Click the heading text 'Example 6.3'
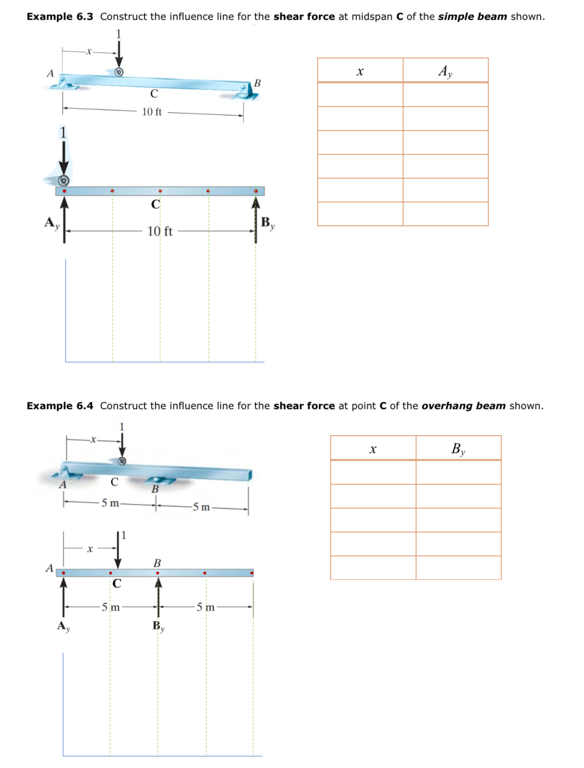pyautogui.click(x=60, y=17)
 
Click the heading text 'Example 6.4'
pyautogui.click(x=60, y=406)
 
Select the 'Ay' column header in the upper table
pyautogui.click(x=445, y=71)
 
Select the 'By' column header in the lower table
pyautogui.click(x=458, y=449)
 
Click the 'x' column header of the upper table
pyautogui.click(x=360, y=71)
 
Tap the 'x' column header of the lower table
pyautogui.click(x=373, y=449)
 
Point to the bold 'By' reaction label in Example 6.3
pyautogui.click(x=267, y=223)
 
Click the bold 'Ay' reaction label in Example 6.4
pyautogui.click(x=63, y=626)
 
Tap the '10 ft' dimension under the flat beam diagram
pyautogui.click(x=160, y=231)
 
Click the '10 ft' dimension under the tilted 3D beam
pyautogui.click(x=152, y=112)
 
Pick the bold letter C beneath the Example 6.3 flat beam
pyautogui.click(x=156, y=204)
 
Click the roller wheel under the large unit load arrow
pyautogui.click(x=64, y=180)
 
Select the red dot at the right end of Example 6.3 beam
pyautogui.click(x=256, y=191)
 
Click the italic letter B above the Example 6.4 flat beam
pyautogui.click(x=157, y=563)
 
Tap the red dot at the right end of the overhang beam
pyautogui.click(x=252, y=573)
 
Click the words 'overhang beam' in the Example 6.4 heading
pyautogui.click(x=463, y=406)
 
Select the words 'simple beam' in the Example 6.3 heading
pyautogui.click(x=472, y=17)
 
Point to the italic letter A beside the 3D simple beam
pyautogui.click(x=50, y=73)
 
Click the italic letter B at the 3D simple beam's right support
pyautogui.click(x=257, y=83)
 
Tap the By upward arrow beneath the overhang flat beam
pyautogui.click(x=158, y=596)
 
